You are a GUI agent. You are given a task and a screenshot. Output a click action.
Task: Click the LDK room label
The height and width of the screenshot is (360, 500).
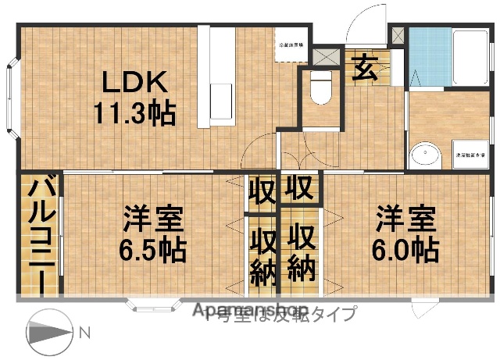point(132,82)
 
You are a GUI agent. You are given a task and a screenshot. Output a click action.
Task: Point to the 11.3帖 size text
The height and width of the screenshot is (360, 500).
point(134,113)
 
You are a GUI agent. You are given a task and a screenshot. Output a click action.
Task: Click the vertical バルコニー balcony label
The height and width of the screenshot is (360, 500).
point(41,234)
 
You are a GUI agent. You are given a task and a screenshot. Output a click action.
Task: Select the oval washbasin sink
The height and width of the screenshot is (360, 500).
point(425,154)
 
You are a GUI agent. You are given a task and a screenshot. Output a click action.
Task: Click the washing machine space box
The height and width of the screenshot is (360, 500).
point(467,155)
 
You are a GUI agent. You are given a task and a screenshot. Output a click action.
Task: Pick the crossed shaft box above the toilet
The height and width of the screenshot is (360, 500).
point(331,57)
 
